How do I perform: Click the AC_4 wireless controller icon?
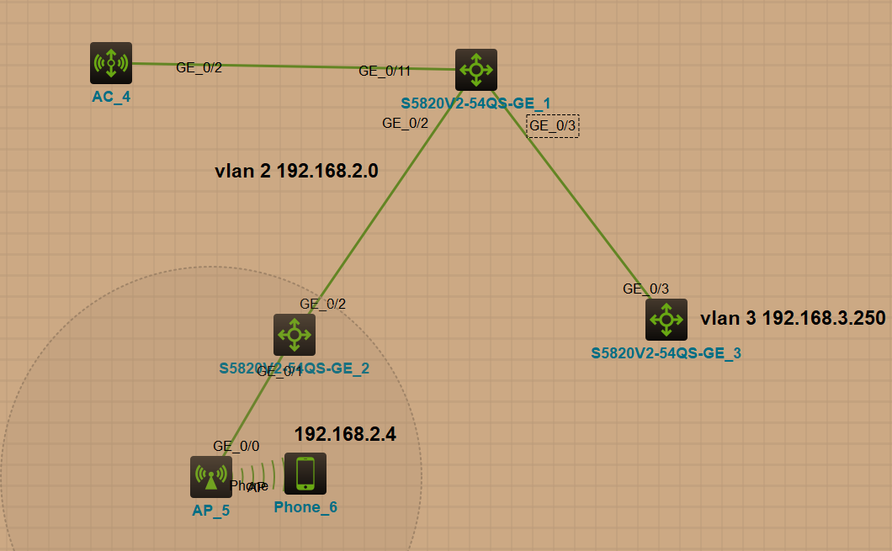[x=111, y=63]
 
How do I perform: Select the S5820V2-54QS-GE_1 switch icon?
[x=476, y=70]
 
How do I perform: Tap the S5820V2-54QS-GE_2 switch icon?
[x=295, y=335]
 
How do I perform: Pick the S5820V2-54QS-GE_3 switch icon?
[x=666, y=320]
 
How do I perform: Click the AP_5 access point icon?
[x=210, y=477]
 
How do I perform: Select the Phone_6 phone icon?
[x=305, y=474]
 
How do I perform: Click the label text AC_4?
[x=111, y=97]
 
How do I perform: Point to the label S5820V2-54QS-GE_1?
[x=475, y=103]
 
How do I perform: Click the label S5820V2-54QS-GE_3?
[x=666, y=352]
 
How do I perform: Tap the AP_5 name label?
[x=210, y=511]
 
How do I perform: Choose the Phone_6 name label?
[x=305, y=507]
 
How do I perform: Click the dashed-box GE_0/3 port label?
[x=553, y=126]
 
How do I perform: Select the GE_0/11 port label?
[x=385, y=72]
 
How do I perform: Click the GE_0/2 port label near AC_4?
[x=199, y=67]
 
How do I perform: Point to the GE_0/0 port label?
[x=236, y=447]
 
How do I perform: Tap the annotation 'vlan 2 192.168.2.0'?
[x=296, y=172]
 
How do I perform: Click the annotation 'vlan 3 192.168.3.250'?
[x=793, y=318]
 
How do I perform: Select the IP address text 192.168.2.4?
[x=345, y=434]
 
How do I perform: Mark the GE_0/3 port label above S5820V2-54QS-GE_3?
[x=646, y=289]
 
